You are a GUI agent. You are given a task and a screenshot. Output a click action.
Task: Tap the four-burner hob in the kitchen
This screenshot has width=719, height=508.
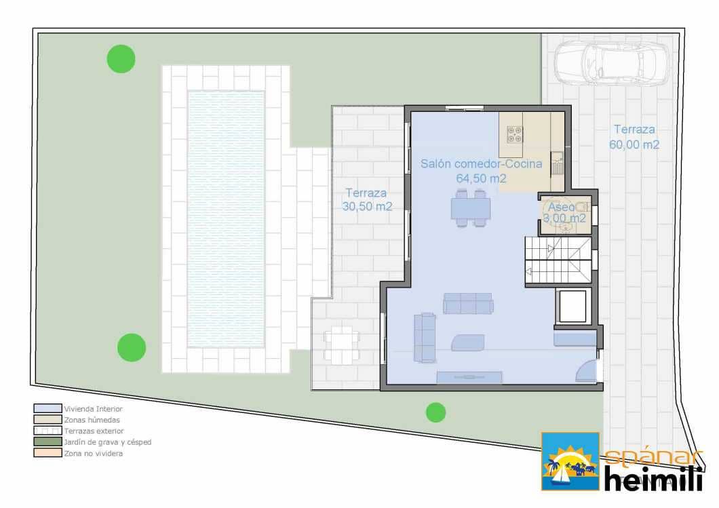(514, 134)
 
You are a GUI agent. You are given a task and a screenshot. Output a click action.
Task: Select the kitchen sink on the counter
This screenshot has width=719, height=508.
(558, 163)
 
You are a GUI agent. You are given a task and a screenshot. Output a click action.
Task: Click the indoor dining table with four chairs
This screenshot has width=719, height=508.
(471, 208)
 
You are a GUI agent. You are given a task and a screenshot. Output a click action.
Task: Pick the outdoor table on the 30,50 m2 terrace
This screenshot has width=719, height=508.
(341, 345)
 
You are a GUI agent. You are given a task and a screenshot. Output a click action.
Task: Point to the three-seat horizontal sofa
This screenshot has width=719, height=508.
(468, 303)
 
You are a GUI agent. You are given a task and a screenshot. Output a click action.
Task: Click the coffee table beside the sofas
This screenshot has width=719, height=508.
(467, 343)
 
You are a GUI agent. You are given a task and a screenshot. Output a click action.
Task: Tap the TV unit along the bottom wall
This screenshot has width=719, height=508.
(469, 378)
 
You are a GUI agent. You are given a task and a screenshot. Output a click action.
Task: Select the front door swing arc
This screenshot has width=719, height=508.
(585, 370)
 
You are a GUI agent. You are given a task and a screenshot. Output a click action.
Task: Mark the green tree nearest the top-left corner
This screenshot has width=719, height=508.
(121, 58)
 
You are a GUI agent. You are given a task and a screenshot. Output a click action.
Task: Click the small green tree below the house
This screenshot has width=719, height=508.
(435, 412)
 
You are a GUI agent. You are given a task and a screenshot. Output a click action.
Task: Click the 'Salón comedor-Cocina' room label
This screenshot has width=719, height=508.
(481, 163)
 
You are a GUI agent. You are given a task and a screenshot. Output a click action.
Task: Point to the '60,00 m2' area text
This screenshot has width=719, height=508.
(634, 144)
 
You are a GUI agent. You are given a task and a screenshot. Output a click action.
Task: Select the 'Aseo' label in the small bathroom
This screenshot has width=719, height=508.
(561, 206)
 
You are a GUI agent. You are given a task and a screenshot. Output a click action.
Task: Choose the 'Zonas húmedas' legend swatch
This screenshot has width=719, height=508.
(47, 420)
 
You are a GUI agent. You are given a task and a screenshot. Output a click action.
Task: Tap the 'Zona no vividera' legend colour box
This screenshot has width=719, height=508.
(47, 453)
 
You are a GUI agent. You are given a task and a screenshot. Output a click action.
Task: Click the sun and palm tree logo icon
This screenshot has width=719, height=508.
(570, 461)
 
